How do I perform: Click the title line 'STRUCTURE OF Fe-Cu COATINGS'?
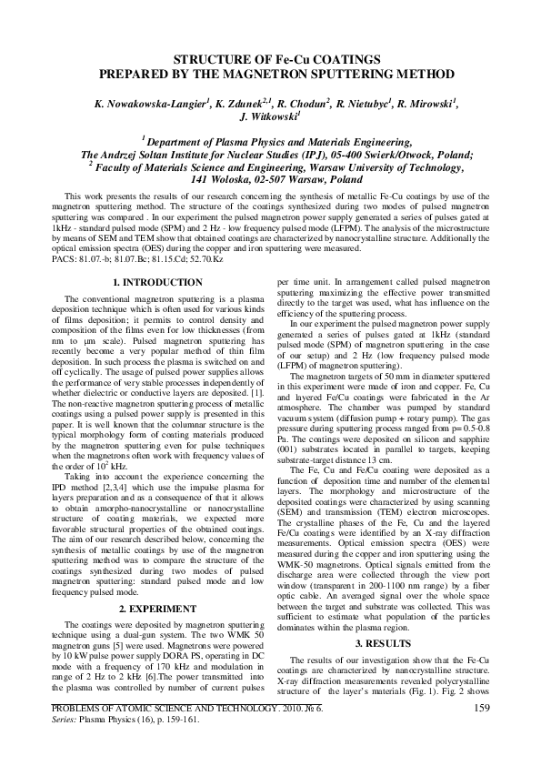click(270, 57)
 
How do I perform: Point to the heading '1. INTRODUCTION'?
click(152, 258)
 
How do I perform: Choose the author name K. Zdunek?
click(235, 104)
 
